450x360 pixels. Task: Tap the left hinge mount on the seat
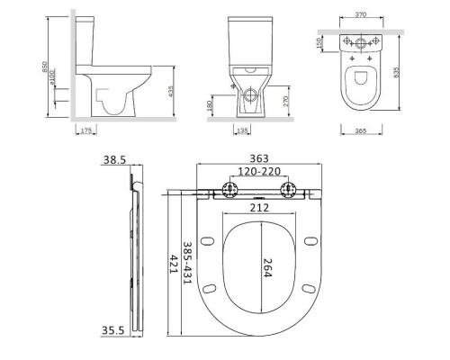coord(225,190)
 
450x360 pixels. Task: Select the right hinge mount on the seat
coord(292,190)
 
